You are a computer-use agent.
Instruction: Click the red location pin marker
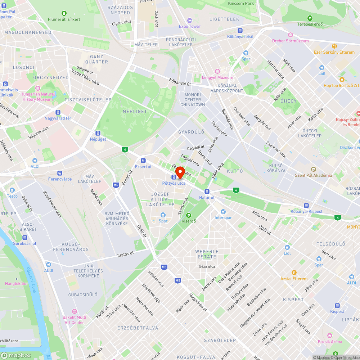(x=180, y=172)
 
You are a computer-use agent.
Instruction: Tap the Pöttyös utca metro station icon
(x=174, y=177)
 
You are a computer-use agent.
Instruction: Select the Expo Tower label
(x=190, y=26)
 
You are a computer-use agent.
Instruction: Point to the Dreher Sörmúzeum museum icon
(x=290, y=35)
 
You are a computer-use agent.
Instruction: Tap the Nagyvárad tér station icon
(x=58, y=112)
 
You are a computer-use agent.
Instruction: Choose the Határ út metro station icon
(x=207, y=191)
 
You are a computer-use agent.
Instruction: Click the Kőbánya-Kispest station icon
(x=306, y=205)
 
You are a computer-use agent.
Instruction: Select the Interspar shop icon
(x=223, y=212)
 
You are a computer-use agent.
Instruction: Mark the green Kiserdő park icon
(x=188, y=215)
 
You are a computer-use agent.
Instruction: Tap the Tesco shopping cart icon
(x=12, y=190)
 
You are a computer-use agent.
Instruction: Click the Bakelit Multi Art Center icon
(x=74, y=311)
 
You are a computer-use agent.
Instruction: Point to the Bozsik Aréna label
(x=329, y=342)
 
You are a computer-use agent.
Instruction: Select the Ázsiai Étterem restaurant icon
(x=294, y=273)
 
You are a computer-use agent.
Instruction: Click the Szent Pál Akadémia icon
(x=313, y=169)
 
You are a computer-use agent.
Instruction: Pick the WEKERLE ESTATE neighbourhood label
(x=207, y=254)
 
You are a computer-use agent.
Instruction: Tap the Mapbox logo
(x=16, y=355)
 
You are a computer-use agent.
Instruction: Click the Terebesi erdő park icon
(x=310, y=18)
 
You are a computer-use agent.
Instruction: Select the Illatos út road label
(x=125, y=254)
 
